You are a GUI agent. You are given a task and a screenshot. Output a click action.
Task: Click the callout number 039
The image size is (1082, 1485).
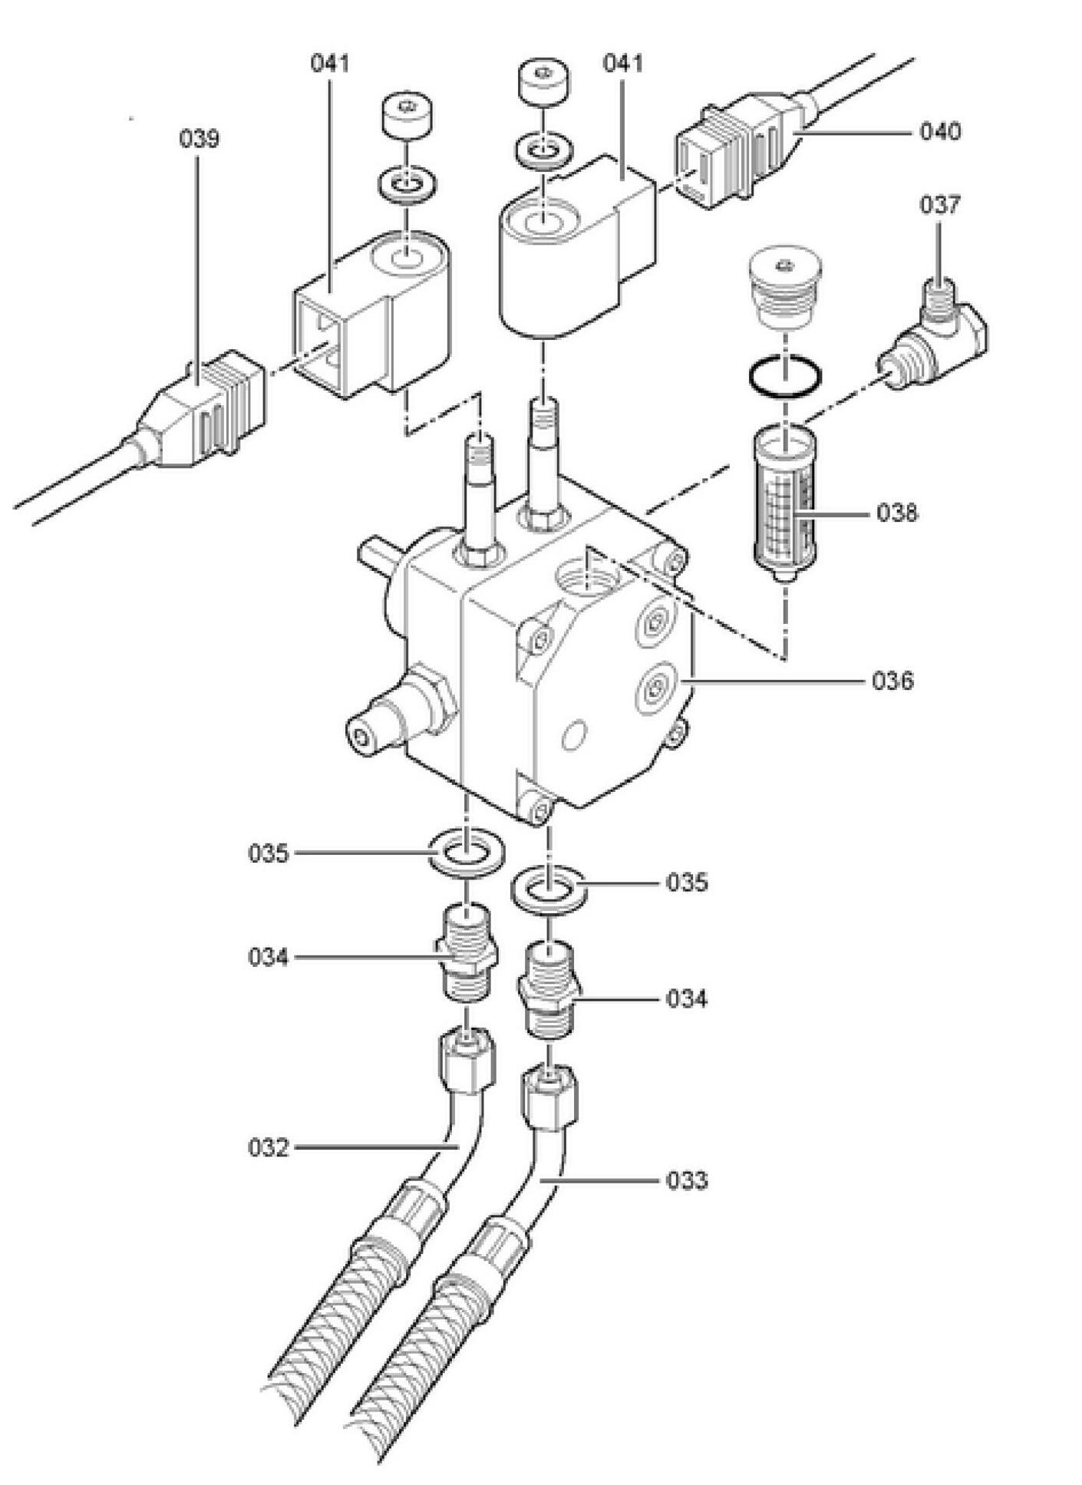tap(199, 139)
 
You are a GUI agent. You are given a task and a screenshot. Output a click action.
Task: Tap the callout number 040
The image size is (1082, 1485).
tap(940, 132)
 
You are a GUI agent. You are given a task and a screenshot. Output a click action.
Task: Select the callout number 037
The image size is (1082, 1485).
tap(940, 205)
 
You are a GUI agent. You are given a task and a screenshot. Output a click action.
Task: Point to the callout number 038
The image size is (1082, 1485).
tap(897, 513)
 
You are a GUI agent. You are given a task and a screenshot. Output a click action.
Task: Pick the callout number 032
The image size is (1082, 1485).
tap(268, 1148)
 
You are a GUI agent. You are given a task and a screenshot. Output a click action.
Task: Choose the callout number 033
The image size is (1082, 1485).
tap(687, 1180)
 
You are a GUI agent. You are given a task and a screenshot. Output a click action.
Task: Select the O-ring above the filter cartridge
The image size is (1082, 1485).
tap(787, 378)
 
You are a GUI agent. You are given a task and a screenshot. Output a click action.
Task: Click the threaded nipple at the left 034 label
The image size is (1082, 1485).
tap(467, 952)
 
